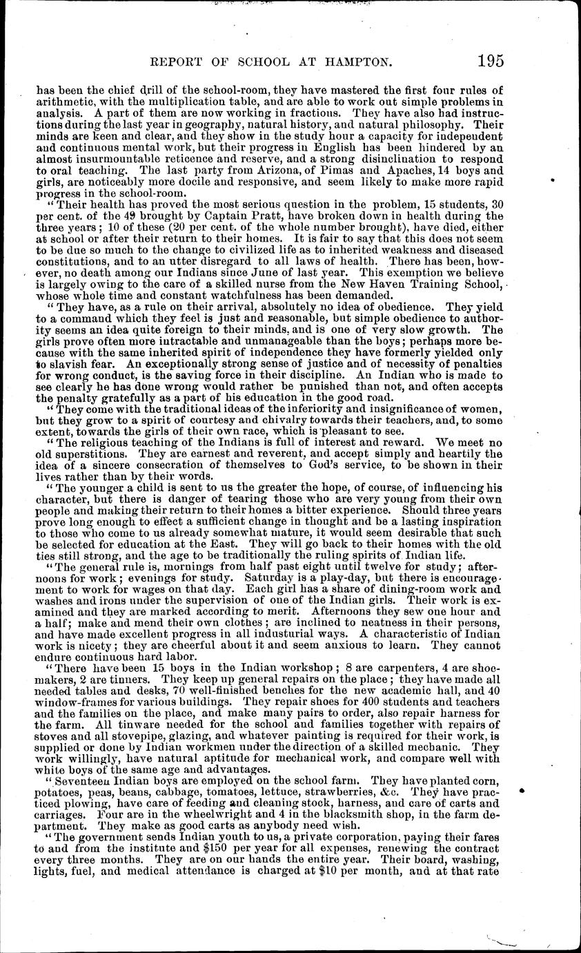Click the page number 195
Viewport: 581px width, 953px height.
coord(489,60)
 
